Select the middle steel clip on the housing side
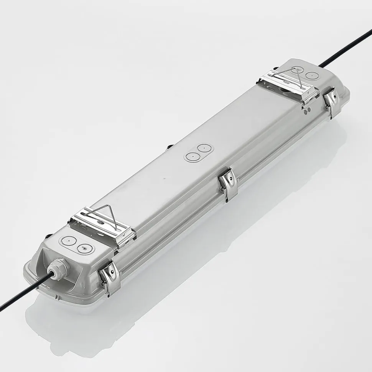[228, 183]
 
